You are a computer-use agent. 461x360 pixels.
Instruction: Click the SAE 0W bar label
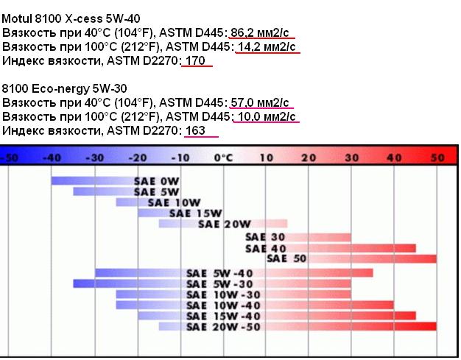coord(156,181)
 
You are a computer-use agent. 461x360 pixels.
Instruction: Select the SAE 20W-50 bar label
coord(223,327)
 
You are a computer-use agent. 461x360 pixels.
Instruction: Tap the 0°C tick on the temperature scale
coord(223,158)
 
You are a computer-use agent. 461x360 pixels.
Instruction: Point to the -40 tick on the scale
coord(52,158)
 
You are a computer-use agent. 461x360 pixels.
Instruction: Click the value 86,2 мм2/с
coord(260,32)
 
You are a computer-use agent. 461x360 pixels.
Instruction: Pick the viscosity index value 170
coord(195,60)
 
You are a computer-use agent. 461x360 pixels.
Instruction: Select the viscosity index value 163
coord(195,130)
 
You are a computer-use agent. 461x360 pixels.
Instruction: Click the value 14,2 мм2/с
coord(267,46)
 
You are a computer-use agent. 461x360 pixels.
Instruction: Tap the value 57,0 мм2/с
coord(260,102)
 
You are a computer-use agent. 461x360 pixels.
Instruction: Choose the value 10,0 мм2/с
coord(267,116)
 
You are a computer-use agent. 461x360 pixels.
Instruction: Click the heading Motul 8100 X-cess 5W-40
coord(71,18)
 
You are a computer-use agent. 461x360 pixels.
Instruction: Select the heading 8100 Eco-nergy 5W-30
coord(64,88)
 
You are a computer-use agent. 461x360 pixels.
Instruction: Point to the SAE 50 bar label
coord(286,258)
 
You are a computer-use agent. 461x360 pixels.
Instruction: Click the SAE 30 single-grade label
coord(265,237)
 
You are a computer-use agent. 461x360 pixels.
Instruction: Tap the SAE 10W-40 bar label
coord(223,306)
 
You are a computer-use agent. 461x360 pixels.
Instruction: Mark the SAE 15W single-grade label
coord(195,213)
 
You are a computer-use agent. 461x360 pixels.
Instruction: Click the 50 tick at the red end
coord(437,158)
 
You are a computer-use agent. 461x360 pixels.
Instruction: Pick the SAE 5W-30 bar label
coord(219,284)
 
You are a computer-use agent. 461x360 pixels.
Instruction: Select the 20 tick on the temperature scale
coord(309,158)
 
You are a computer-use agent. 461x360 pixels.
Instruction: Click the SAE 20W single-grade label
coord(225,225)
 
